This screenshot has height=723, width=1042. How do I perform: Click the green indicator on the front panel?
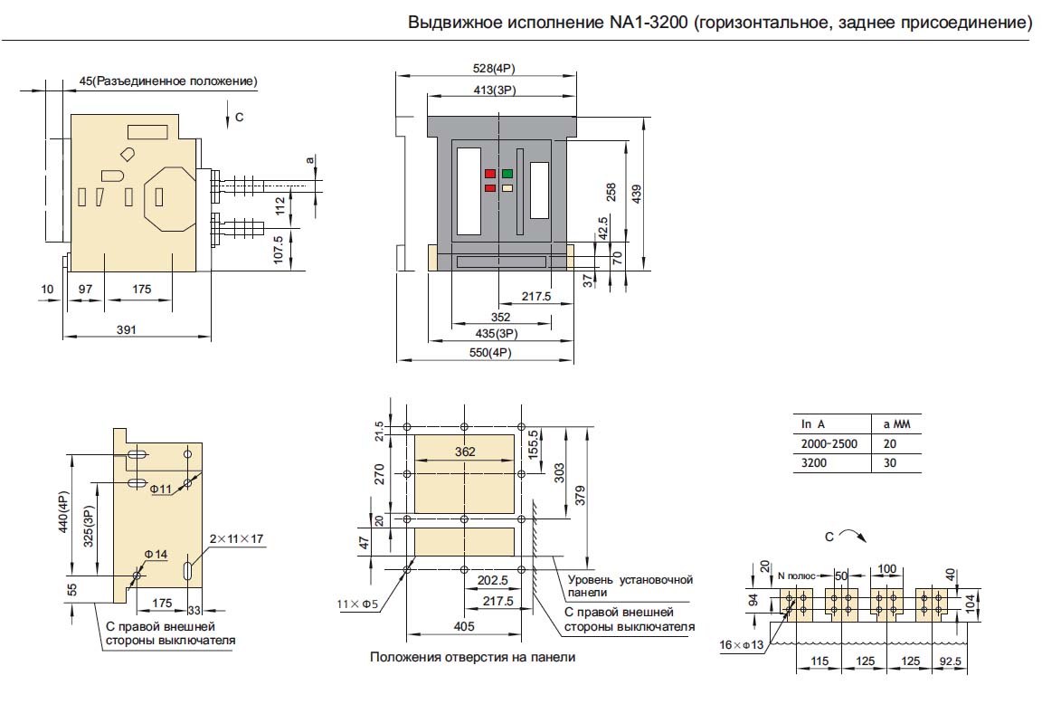click(x=507, y=174)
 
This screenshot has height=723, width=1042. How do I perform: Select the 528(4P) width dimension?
click(x=494, y=69)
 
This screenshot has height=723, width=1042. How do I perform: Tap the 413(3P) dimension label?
click(x=495, y=90)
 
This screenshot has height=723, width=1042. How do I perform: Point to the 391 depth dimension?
click(x=127, y=329)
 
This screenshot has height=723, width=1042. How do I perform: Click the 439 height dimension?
click(x=637, y=194)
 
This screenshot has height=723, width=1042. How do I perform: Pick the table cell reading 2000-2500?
click(x=829, y=444)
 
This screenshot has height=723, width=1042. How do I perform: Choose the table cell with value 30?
click(x=890, y=463)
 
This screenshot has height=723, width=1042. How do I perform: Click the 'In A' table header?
click(x=813, y=424)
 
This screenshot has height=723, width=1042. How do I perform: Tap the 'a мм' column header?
click(x=896, y=424)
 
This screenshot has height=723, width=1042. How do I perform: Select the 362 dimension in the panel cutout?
click(x=465, y=452)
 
